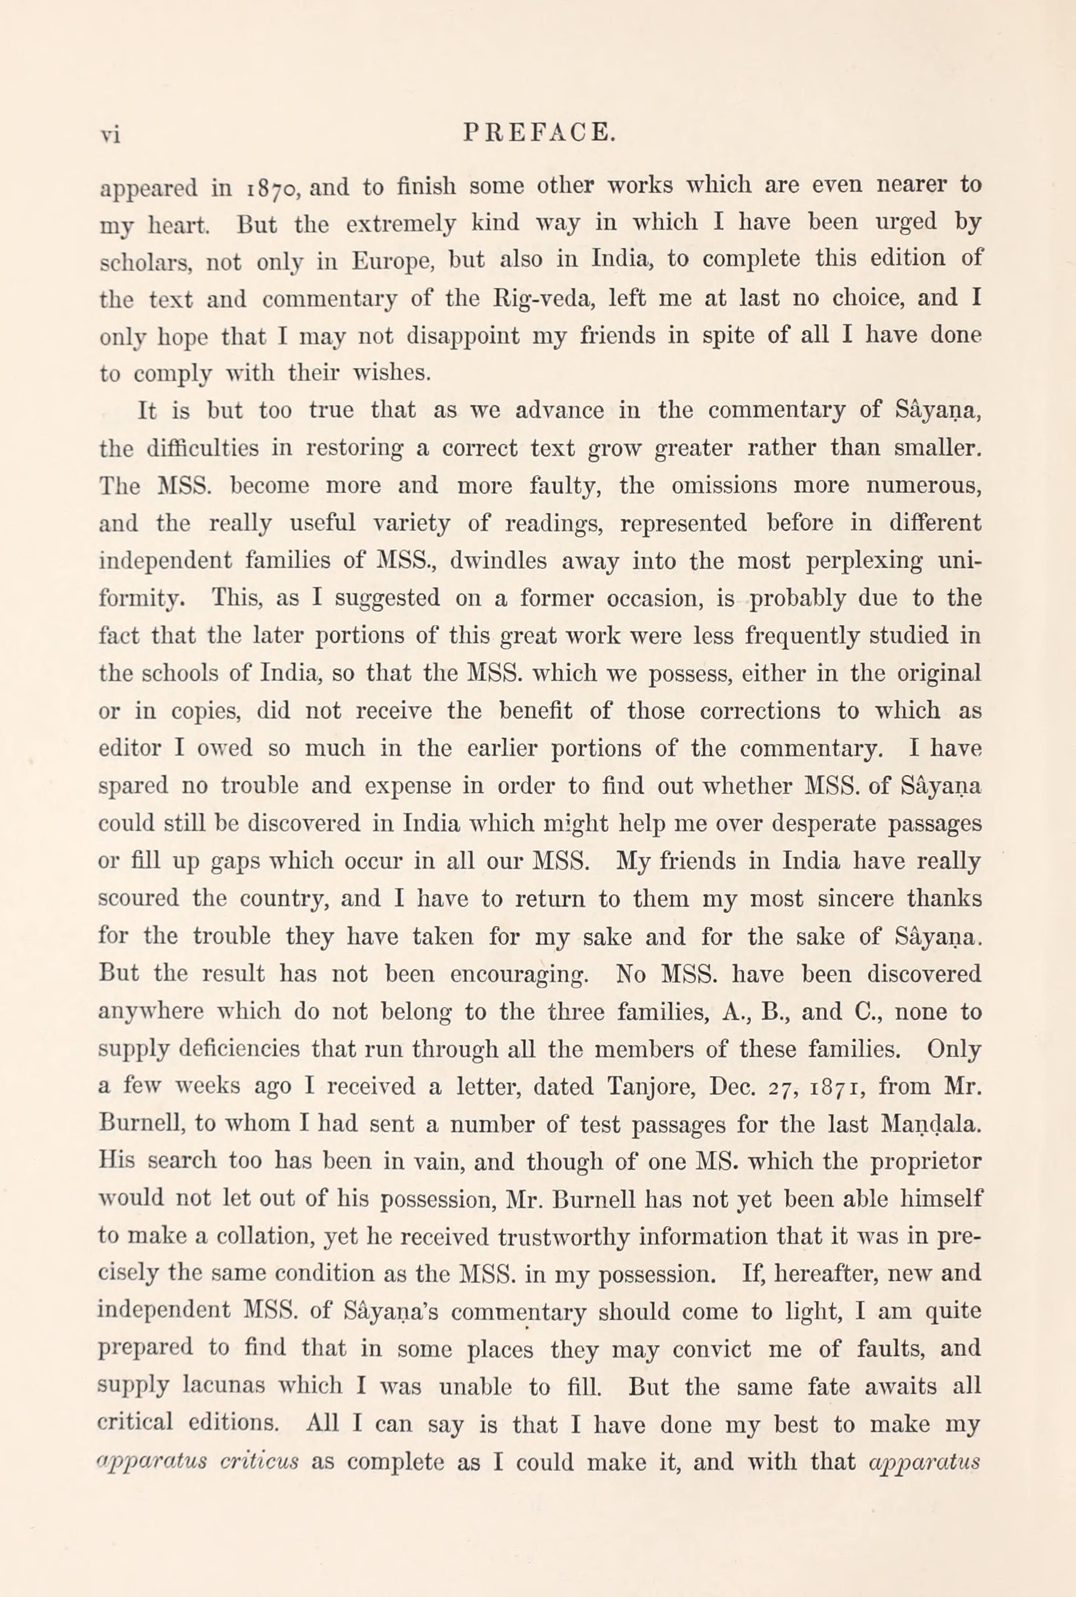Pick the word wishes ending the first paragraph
[391, 374]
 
